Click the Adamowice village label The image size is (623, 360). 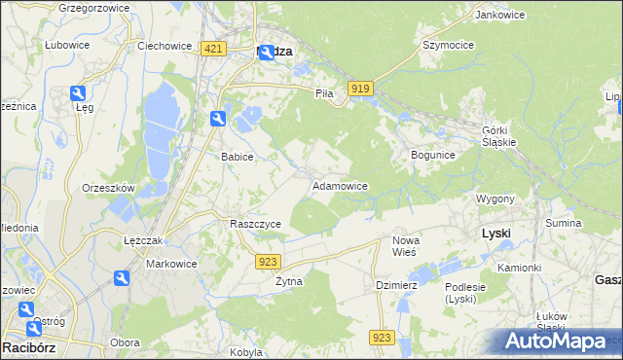(x=339, y=185)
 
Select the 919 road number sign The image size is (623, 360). (x=359, y=89)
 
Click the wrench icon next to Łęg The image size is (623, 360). (x=79, y=93)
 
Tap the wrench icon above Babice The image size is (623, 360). (x=218, y=119)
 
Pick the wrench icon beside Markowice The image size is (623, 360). (x=121, y=279)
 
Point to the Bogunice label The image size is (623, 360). (x=433, y=155)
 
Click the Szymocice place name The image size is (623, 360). (x=448, y=46)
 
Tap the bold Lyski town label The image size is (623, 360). (x=496, y=234)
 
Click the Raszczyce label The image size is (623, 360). (x=255, y=224)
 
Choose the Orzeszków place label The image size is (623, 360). (x=108, y=188)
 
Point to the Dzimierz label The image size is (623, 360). (x=397, y=285)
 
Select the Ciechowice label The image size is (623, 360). (x=163, y=46)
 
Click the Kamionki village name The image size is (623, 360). (x=519, y=268)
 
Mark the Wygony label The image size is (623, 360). (x=495, y=198)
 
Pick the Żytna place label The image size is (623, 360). (x=289, y=281)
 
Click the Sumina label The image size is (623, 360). (x=564, y=224)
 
